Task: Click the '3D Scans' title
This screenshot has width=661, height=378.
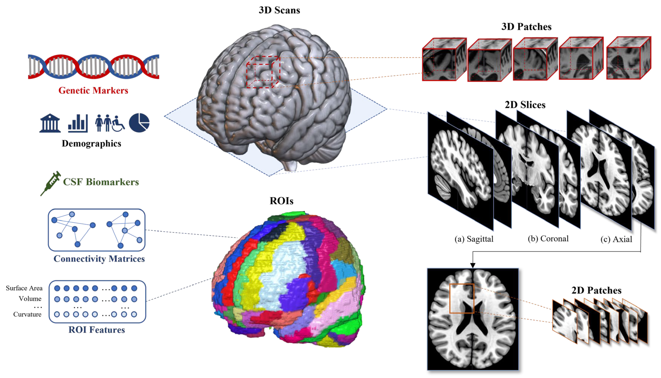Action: coord(279,10)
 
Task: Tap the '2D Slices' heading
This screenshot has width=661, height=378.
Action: coord(525,105)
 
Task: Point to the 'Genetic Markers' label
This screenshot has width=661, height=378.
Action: coord(93,90)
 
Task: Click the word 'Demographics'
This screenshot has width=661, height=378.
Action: coord(92,143)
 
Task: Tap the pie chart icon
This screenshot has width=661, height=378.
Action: coord(139,123)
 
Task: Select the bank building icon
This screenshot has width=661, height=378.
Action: coord(50,123)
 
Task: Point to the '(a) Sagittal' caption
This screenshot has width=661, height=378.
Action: coord(474,239)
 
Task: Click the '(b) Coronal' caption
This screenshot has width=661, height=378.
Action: coord(548,239)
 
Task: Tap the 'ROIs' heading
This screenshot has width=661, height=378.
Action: coord(282,201)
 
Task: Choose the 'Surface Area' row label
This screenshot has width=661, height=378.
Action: coord(24,288)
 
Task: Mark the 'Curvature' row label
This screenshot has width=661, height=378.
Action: coord(27,314)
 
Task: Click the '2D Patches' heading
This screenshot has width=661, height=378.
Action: coord(596,290)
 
